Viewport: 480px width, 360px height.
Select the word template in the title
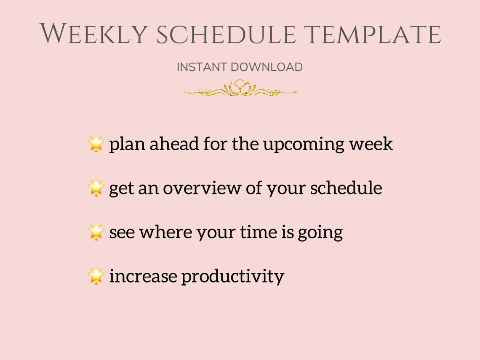(373, 34)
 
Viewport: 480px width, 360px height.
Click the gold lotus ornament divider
(240, 88)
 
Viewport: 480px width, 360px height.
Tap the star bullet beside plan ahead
(96, 144)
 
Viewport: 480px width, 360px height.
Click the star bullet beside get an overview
(96, 188)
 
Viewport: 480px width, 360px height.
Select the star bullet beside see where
(96, 232)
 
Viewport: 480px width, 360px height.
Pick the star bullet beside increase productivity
(96, 276)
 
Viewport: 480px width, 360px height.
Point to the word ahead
(175, 144)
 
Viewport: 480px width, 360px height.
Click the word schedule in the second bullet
(346, 188)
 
